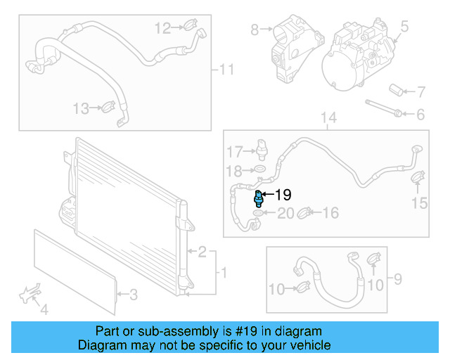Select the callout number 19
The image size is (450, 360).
[283, 195]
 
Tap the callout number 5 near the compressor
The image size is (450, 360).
[404, 27]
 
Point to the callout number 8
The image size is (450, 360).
[255, 30]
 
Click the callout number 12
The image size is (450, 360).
[162, 28]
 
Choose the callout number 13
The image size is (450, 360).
[82, 108]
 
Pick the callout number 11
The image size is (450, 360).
[226, 70]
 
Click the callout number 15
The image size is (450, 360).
[419, 203]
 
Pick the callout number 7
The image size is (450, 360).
[420, 91]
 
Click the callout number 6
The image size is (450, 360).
[420, 114]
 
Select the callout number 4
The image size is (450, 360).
[44, 309]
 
